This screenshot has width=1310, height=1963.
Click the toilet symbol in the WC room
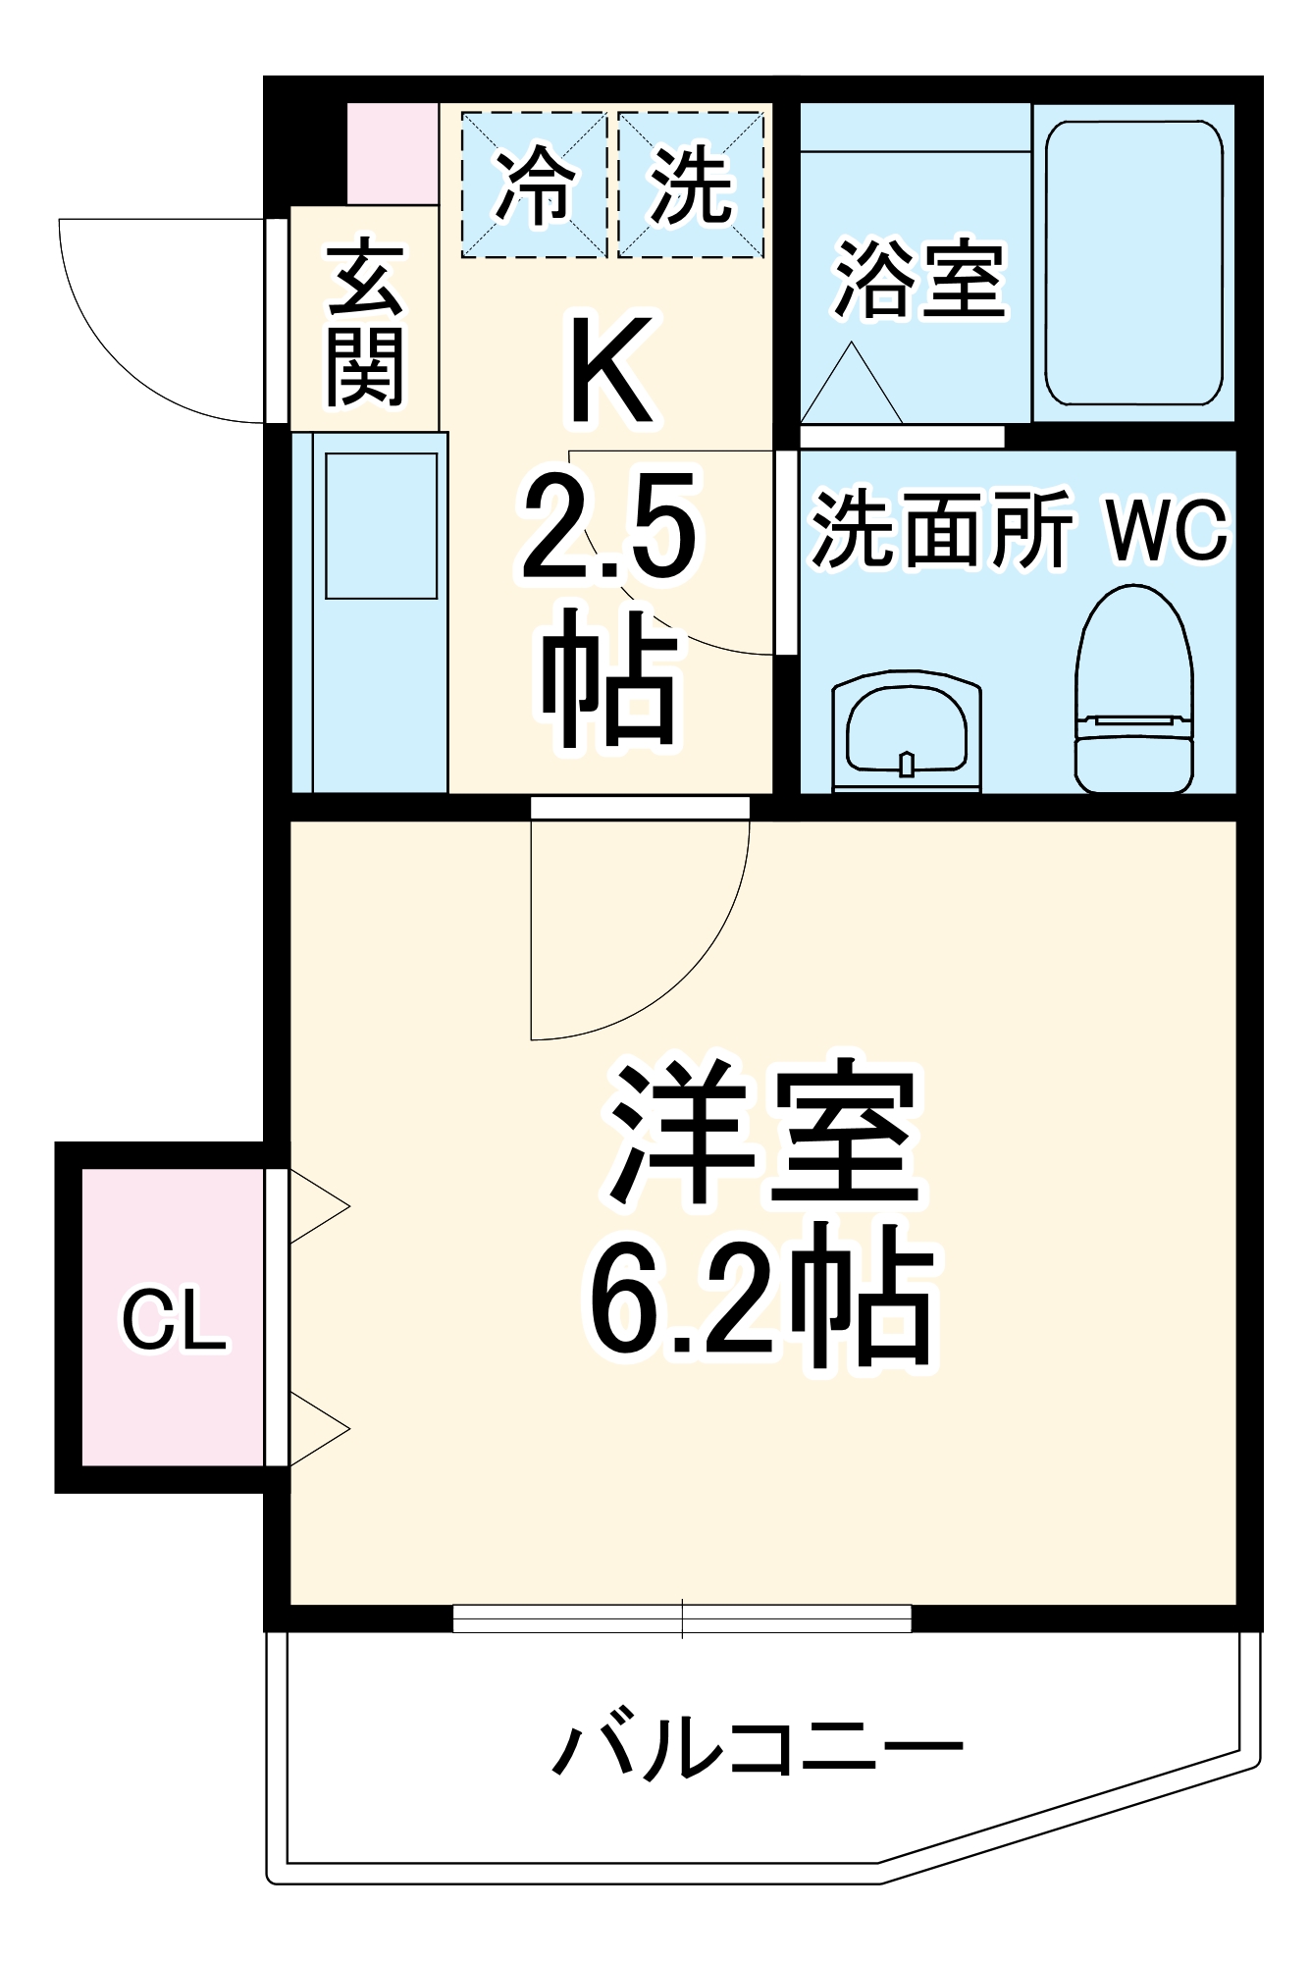click(1134, 691)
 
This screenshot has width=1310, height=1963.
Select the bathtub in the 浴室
click(1133, 263)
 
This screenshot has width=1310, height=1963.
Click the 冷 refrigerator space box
click(535, 185)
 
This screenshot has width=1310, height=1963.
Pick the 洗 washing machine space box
click(691, 185)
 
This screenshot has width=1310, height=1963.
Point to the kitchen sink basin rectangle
click(381, 526)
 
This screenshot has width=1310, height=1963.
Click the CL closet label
click(174, 1320)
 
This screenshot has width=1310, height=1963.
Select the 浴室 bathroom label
click(918, 280)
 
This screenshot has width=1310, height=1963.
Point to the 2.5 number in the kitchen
click(608, 526)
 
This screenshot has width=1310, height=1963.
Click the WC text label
click(1167, 530)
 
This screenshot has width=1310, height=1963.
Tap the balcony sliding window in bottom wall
click(682, 1618)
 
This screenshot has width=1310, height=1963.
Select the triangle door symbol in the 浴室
click(851, 388)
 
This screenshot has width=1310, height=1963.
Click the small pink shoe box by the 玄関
click(393, 153)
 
